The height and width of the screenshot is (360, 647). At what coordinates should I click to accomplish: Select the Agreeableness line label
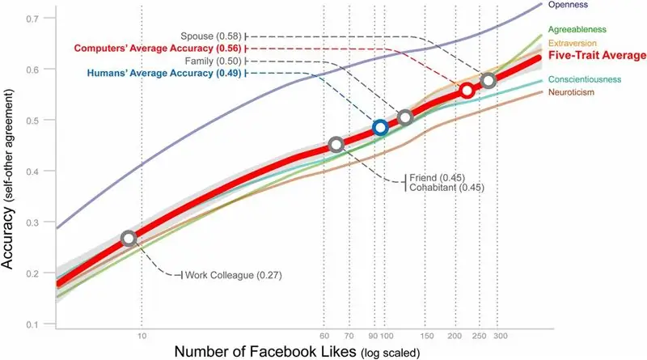coord(581,30)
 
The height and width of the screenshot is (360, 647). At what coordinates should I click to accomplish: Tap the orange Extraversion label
coord(575,42)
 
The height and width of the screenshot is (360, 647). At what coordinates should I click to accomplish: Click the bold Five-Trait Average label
coord(597,56)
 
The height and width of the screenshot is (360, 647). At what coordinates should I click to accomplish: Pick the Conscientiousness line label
coord(585,79)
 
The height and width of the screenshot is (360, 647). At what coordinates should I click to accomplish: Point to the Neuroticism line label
coord(572,92)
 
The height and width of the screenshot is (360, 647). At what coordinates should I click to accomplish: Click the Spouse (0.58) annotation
coord(213,36)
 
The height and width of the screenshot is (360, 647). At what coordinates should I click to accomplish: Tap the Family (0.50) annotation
coord(214,61)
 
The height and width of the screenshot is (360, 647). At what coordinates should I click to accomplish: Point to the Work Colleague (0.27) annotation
coord(233,275)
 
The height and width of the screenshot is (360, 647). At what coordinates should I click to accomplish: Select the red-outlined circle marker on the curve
coord(467,91)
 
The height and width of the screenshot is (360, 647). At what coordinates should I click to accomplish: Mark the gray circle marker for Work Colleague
coord(129,238)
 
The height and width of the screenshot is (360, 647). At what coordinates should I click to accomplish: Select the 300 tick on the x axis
coord(501,336)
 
